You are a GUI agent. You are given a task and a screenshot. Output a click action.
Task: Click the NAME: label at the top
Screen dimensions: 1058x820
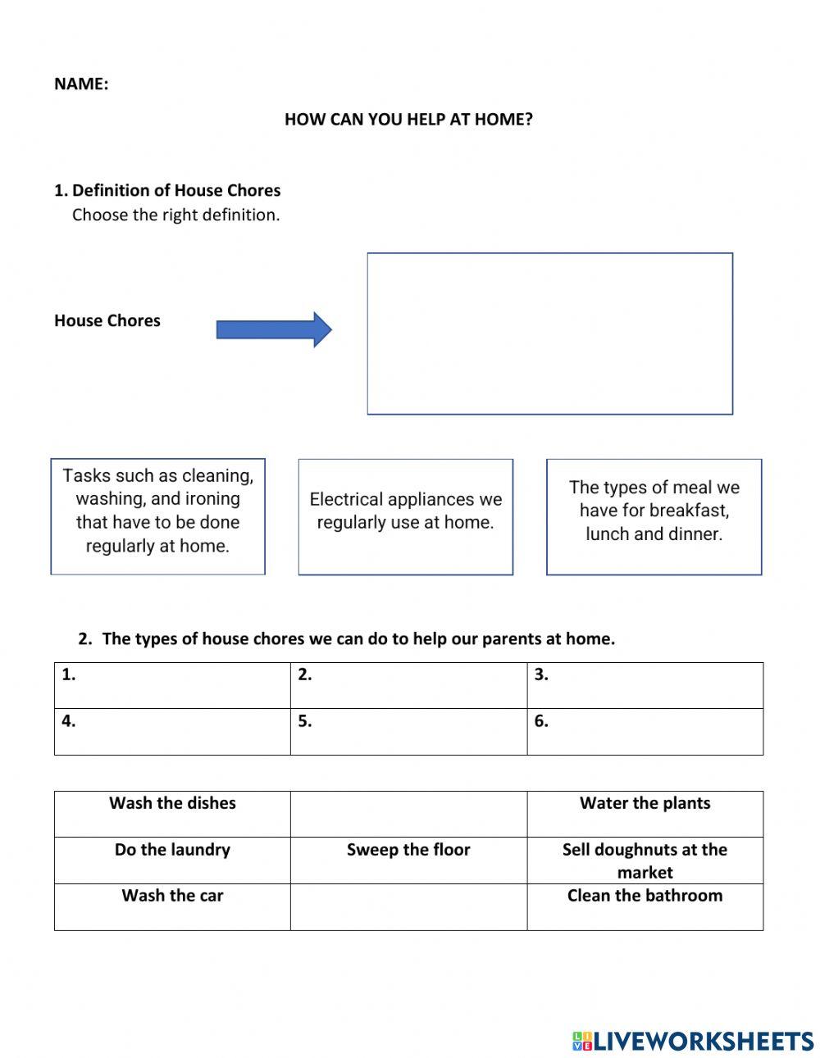coord(80,84)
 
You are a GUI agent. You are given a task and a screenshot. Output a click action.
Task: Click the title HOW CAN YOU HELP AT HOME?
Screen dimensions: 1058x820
coord(408,119)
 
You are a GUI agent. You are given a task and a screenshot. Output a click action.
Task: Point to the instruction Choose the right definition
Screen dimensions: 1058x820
coord(175,215)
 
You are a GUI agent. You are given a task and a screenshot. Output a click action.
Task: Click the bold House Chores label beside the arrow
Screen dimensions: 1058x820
coord(107,320)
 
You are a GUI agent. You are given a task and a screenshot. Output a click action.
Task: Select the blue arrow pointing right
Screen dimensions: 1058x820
coord(273,329)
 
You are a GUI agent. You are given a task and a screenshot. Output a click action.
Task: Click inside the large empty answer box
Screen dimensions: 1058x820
coord(549,334)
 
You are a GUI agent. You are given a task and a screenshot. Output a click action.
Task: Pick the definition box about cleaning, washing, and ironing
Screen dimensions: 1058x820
coord(157,516)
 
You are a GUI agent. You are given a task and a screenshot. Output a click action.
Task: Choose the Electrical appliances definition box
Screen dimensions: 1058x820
coord(405,516)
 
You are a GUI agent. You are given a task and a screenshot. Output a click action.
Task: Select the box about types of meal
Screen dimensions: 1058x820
coord(654,516)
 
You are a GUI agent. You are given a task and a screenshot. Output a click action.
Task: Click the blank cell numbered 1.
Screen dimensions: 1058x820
coord(172,686)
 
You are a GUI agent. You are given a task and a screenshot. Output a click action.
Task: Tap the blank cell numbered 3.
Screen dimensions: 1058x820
coord(645,686)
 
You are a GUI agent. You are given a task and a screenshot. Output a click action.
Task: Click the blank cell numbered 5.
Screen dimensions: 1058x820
coord(408,732)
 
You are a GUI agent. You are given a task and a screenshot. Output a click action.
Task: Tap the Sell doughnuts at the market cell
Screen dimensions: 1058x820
coord(645,860)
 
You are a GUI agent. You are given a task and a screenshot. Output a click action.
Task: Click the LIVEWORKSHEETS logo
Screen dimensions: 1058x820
coord(693,1041)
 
